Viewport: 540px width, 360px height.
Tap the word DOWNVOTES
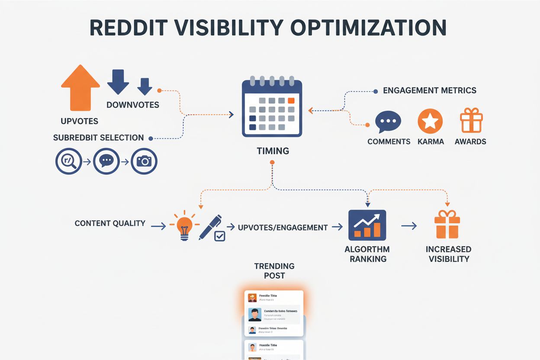click(133, 105)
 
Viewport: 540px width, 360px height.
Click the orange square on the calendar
click(291, 100)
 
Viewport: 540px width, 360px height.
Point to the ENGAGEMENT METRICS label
click(430, 90)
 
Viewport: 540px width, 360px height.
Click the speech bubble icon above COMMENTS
click(388, 122)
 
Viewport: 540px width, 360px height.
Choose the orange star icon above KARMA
click(430, 121)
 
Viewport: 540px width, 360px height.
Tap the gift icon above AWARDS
click(471, 121)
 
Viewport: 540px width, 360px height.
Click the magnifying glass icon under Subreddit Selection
click(69, 161)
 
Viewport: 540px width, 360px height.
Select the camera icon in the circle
click(144, 161)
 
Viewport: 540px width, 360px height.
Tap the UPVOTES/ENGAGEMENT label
click(283, 227)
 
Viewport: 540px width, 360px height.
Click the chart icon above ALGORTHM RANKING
click(367, 225)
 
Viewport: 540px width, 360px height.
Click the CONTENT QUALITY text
click(110, 223)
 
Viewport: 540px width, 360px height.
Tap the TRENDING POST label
click(274, 270)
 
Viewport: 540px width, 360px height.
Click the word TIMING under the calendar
click(273, 151)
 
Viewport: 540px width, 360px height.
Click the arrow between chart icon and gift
click(409, 225)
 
